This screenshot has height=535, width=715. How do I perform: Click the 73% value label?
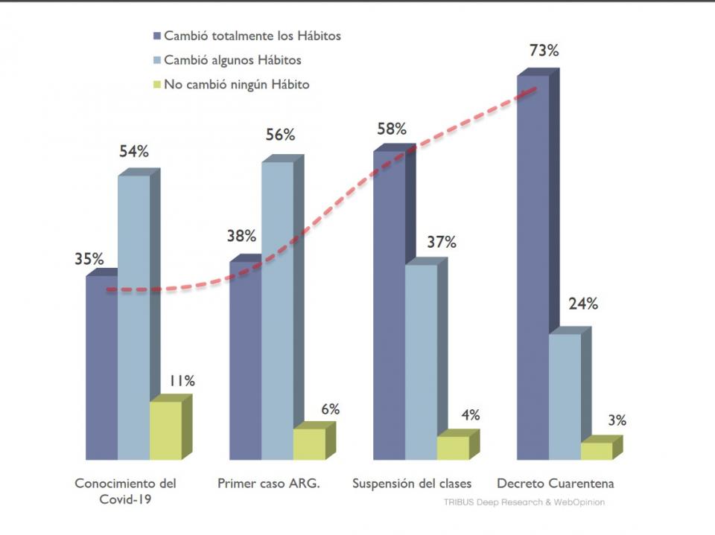544,51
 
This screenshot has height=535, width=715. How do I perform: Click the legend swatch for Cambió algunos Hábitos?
156,60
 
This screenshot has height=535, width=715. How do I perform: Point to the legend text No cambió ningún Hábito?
236,85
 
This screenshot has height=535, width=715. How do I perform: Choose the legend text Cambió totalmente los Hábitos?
252,36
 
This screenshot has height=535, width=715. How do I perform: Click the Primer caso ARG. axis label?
269,484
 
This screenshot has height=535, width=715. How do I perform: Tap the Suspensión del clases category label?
412,484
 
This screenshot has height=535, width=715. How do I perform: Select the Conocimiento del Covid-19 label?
126,491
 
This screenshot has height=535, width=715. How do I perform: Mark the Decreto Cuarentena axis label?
555,484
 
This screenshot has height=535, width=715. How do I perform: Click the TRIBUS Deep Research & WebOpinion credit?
524,502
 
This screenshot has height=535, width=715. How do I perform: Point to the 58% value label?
392,129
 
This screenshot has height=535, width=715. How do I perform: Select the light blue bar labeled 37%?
421,361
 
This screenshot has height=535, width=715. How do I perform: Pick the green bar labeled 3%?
597,450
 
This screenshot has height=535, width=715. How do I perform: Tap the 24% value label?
583,304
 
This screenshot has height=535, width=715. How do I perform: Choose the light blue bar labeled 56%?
277,309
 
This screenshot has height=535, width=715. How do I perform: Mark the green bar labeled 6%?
309,443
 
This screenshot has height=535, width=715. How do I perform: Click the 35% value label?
89,259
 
